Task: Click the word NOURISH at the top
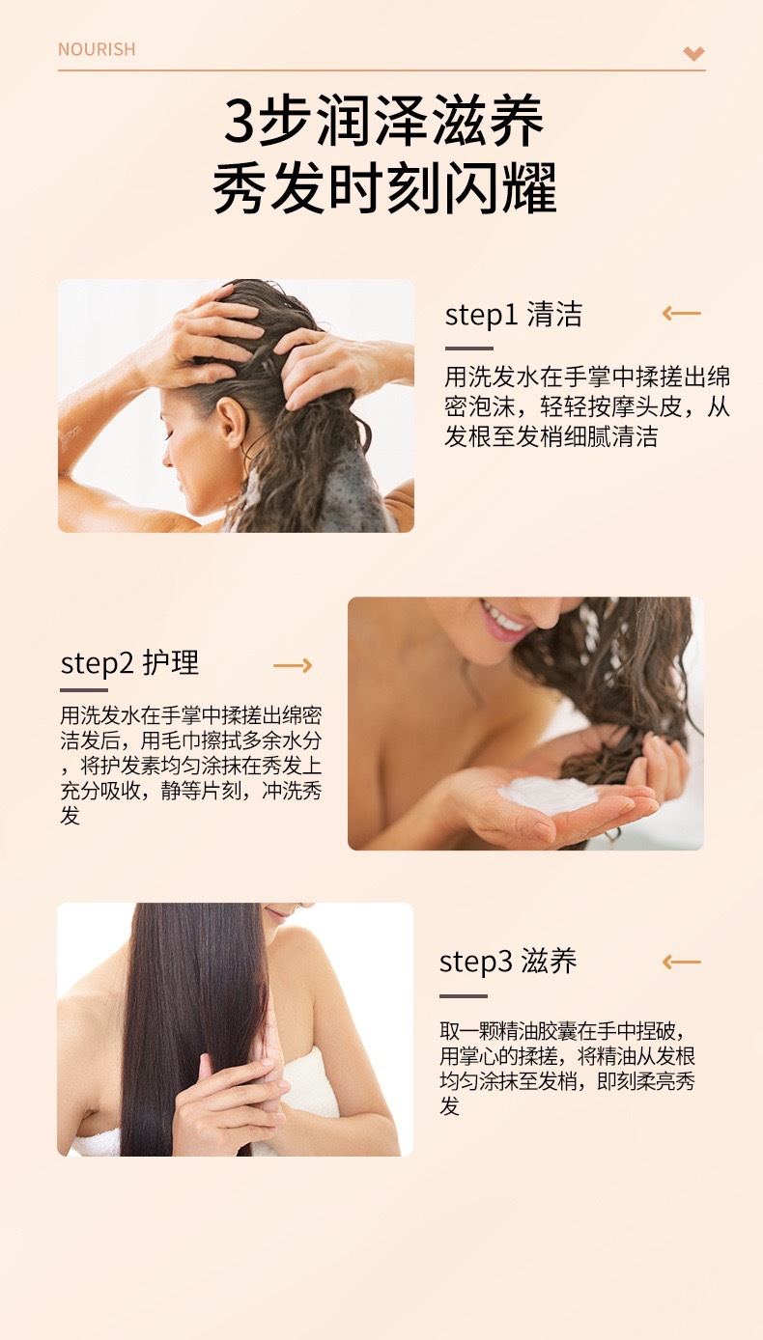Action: [97, 49]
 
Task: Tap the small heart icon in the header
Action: [693, 53]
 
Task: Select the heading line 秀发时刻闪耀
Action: [384, 188]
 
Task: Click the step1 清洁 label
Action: [513, 314]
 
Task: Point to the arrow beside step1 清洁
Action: [681, 313]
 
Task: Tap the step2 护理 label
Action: [129, 663]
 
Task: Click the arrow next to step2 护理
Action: [293, 665]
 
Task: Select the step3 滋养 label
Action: [508, 962]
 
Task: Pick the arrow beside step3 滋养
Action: [681, 962]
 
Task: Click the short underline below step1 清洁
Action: [468, 349]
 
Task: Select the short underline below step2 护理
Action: [84, 690]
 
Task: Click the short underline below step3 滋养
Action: [464, 996]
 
